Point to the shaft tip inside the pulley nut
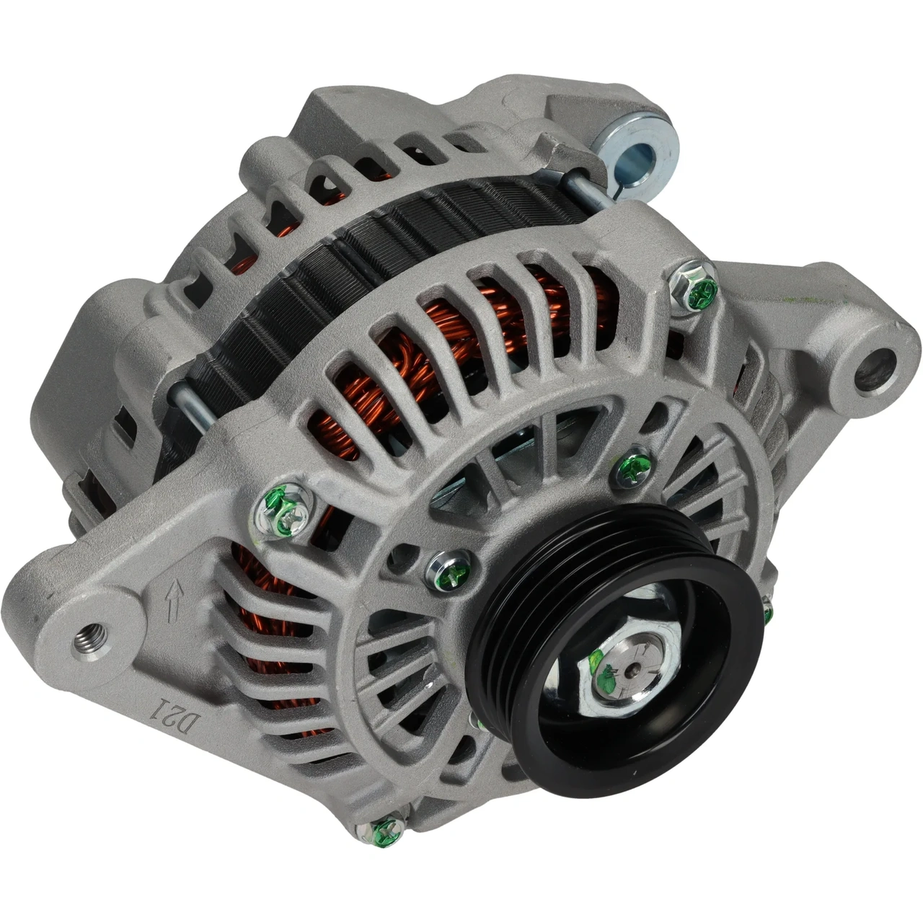[x=623, y=669]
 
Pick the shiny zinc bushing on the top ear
[x=637, y=154]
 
